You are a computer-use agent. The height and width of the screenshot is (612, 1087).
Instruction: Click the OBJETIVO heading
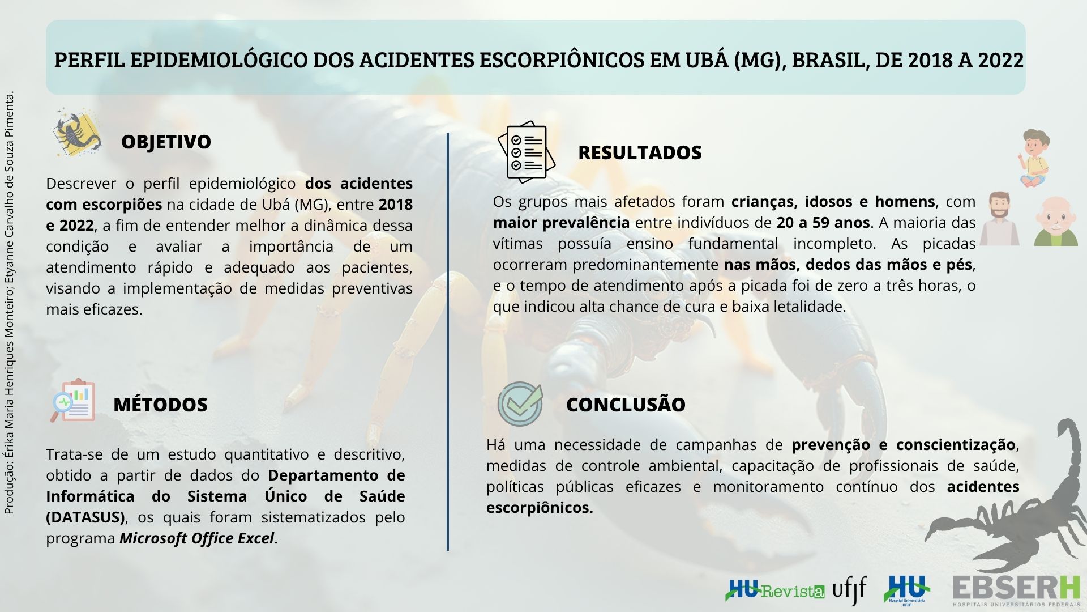coord(166,142)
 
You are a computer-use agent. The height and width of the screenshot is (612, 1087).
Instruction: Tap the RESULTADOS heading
coord(640,152)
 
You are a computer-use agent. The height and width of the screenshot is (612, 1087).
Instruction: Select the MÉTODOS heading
coord(160,405)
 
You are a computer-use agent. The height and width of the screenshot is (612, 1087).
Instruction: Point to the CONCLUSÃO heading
coord(626,405)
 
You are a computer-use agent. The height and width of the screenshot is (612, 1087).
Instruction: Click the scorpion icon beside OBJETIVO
coord(78,133)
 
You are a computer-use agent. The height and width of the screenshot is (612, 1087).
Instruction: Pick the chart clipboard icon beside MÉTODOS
coord(72,401)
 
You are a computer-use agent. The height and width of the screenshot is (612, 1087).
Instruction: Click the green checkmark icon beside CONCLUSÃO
coord(520,404)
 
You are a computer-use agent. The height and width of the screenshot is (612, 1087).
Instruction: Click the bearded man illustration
coord(1000,218)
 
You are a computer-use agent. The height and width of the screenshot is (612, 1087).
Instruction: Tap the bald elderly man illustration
coord(1056,222)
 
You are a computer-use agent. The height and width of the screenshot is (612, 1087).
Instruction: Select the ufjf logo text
coord(849,590)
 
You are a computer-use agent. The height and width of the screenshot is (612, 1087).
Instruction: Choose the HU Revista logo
coord(775,590)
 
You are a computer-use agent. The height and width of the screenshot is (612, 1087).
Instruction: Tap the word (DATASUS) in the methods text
coord(85,517)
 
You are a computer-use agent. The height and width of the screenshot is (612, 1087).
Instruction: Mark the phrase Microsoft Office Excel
coord(196,538)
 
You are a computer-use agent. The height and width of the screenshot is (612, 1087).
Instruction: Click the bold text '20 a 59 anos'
coord(823,223)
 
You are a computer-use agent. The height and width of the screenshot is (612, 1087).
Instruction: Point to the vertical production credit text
coord(9,303)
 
